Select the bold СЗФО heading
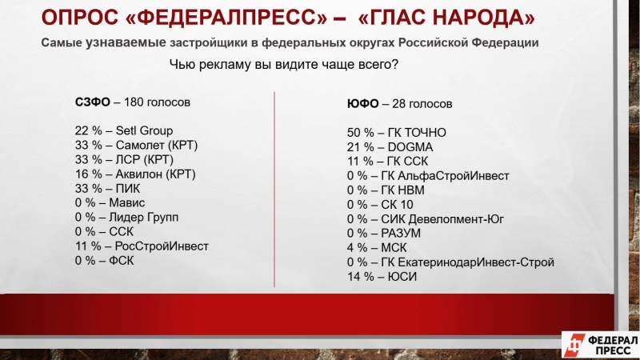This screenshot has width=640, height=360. tap(92, 102)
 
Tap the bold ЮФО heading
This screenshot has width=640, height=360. tap(363, 104)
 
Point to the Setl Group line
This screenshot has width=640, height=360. tap(124, 130)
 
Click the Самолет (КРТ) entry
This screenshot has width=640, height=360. tap(136, 146)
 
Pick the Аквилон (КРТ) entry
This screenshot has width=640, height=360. tap(135, 174)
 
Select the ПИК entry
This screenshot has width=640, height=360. tap(107, 189)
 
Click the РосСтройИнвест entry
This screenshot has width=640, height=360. tap(142, 246)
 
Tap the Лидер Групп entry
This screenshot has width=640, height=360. tap(126, 217)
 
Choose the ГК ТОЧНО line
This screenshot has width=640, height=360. tap(396, 133)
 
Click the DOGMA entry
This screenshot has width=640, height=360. tap(390, 147)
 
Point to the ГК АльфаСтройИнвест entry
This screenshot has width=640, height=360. tap(428, 176)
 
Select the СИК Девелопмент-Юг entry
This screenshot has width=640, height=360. tap(426, 219)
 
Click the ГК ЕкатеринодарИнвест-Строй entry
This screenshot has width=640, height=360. tap(450, 262)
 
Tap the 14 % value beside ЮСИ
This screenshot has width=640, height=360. tap(361, 277)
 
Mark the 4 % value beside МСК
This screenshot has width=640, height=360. tap(357, 248)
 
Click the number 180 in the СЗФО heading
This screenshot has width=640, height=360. tap(133, 102)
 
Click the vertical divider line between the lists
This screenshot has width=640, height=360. tap(274, 190)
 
